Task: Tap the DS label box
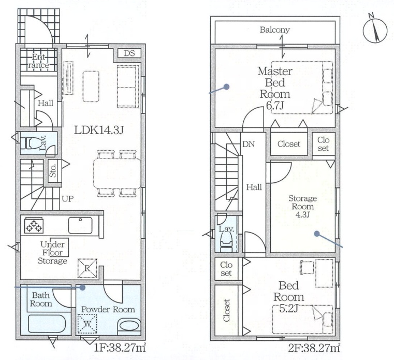click(129, 53)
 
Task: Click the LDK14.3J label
click(99, 130)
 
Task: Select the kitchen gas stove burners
click(34, 225)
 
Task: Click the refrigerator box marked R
click(87, 268)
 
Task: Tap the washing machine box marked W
click(87, 324)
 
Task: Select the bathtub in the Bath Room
click(47, 324)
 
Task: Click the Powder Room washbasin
click(129, 326)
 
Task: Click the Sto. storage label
click(53, 171)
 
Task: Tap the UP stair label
click(68, 199)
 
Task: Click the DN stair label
click(249, 145)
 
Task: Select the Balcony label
click(274, 30)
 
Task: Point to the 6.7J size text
click(275, 105)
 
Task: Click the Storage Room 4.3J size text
click(302, 214)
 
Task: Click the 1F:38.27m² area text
click(120, 348)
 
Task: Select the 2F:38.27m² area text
click(314, 348)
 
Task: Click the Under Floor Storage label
click(52, 252)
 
